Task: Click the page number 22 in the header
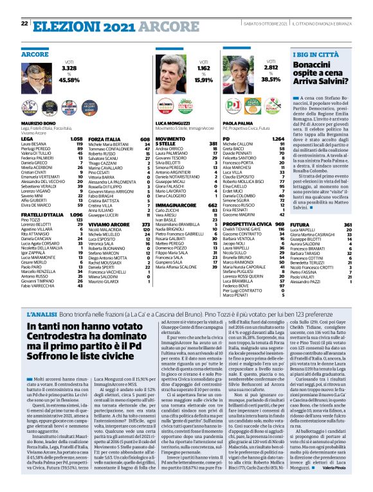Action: (24, 23)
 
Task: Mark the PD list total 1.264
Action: (278, 138)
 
